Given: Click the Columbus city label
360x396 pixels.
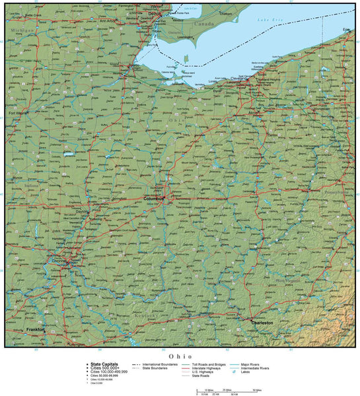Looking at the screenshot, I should click(x=153, y=198).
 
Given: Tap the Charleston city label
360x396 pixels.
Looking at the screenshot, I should click(x=261, y=323).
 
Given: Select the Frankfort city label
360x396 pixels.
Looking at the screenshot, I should click(x=35, y=329).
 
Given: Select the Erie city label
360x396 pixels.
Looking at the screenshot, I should click(x=347, y=30).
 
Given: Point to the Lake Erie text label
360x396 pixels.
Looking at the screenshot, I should click(x=270, y=21).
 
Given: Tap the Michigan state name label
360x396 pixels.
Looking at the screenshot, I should click(x=21, y=30).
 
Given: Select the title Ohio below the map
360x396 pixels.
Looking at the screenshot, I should click(x=179, y=356).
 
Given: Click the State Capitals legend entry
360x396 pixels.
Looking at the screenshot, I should click(x=106, y=364).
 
